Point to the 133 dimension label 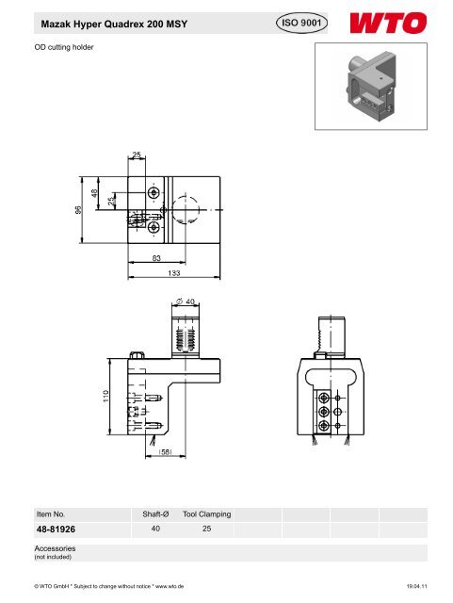click(174, 272)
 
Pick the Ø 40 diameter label click(186, 301)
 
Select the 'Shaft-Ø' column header click(154, 514)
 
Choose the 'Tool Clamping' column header click(207, 514)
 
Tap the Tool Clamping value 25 click(207, 530)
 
